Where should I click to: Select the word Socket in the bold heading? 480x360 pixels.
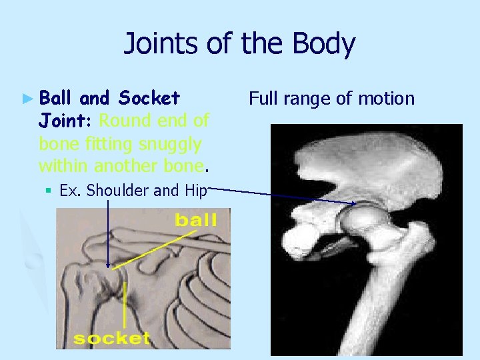[x=148, y=99]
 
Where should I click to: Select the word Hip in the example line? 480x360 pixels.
[x=194, y=191]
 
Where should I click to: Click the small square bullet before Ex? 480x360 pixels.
[x=49, y=191]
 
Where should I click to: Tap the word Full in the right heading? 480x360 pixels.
[x=263, y=99]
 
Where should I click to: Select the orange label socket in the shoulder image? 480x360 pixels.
[x=111, y=338]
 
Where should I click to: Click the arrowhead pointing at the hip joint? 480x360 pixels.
[x=352, y=202]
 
